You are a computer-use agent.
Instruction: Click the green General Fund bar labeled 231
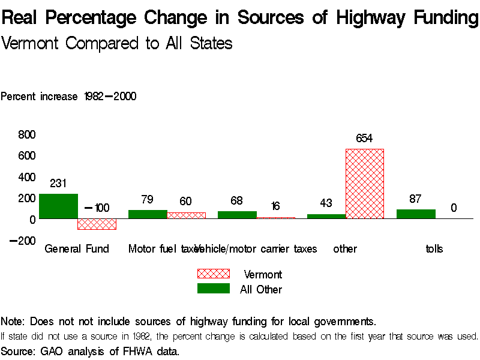(x=58, y=206)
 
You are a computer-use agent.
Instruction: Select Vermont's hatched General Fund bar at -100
(x=97, y=224)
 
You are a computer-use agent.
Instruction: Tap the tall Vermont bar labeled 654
(x=364, y=184)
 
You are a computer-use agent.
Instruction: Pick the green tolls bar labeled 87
(x=416, y=214)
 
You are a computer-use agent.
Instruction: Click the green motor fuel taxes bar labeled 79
(x=148, y=214)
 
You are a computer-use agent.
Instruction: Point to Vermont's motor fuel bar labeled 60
(x=186, y=215)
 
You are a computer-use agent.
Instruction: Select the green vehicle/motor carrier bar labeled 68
(x=237, y=215)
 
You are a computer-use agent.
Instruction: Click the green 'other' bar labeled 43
(x=326, y=216)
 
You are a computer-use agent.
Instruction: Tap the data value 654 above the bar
(x=364, y=139)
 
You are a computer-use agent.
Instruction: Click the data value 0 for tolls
(x=454, y=208)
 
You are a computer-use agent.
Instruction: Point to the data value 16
(x=275, y=206)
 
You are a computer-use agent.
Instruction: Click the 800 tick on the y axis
(x=27, y=134)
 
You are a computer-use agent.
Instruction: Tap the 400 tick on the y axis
(x=27, y=177)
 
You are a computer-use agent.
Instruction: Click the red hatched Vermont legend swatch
(x=213, y=274)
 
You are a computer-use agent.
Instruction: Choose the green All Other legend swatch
(x=213, y=289)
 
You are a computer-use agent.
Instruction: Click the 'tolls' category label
(x=434, y=248)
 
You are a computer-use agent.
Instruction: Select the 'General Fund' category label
(x=77, y=248)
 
